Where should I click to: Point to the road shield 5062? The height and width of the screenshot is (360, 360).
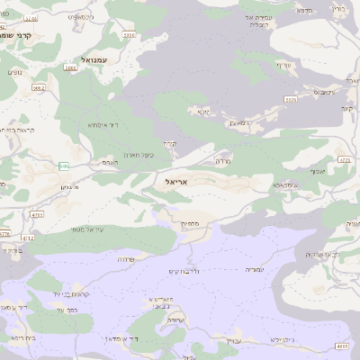pos(39,88)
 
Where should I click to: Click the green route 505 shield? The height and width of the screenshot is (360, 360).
pos(64,166)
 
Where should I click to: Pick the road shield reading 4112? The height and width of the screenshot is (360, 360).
pos(28,238)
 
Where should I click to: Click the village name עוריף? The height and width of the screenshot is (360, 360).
pos(285,64)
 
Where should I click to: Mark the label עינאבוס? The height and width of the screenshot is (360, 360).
pos(326,92)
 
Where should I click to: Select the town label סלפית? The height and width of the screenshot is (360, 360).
pos(190,224)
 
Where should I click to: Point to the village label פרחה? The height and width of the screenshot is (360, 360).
pos(126,258)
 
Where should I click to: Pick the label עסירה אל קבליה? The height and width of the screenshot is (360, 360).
pos(258,21)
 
